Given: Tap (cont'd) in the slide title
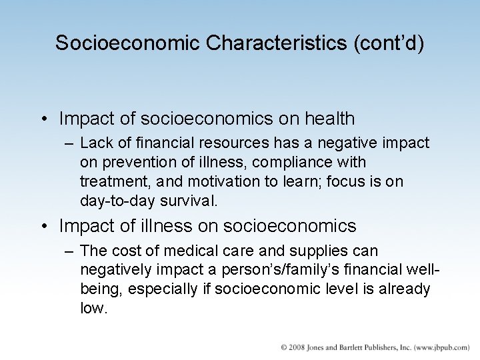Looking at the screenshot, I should click(390, 43).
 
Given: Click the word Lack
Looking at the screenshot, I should click(95, 143).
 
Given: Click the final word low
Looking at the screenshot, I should click(93, 309).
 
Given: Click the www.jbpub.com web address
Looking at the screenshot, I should click(440, 348).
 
